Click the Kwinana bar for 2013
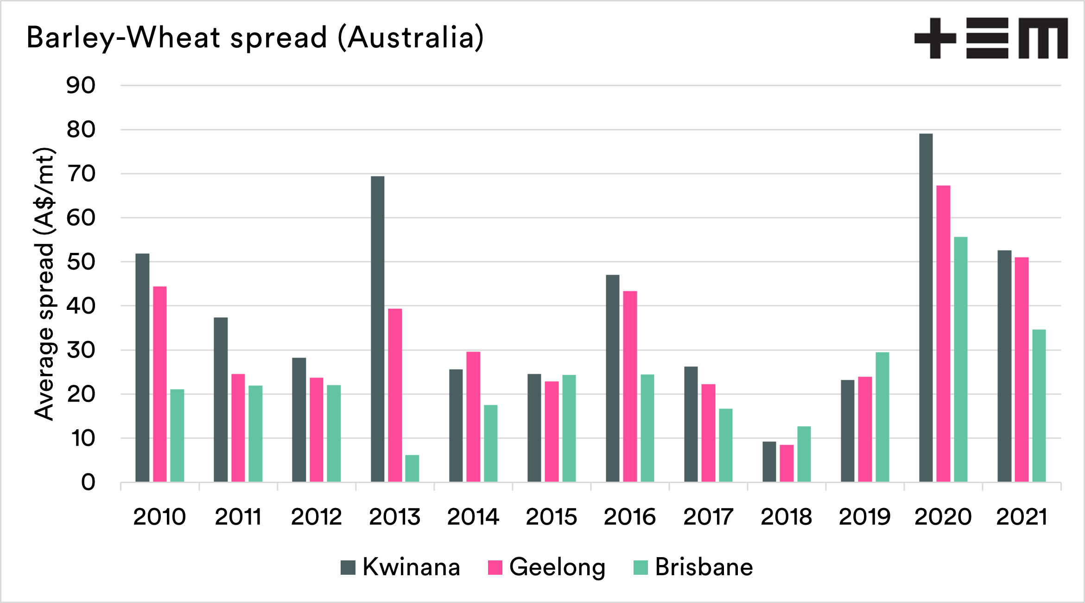pos(377,329)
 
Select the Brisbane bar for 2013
pos(412,468)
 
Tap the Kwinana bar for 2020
pos(926,308)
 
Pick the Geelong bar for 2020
pos(943,333)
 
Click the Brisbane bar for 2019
pos(882,417)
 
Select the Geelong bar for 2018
pos(787,463)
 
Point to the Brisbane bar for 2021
pos(1039,406)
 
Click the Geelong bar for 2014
pos(473,417)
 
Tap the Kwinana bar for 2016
pos(613,378)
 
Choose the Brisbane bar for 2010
pos(177,435)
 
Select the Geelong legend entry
pos(547,567)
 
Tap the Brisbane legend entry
pos(693,567)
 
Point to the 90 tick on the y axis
pos(81,86)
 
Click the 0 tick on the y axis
pos(88,483)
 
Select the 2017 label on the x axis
pos(708,517)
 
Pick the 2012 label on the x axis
pos(317,517)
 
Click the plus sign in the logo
pos(935,38)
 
